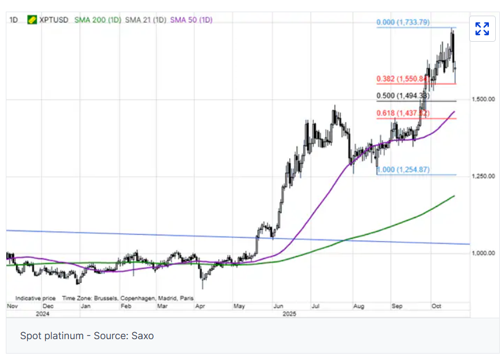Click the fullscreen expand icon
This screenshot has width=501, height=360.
[x=482, y=28]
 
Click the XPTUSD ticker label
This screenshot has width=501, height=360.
[x=54, y=20]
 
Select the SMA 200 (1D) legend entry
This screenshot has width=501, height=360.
[x=97, y=20]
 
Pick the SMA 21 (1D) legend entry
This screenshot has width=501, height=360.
[x=146, y=20]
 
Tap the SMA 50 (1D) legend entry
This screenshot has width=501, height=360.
[x=191, y=20]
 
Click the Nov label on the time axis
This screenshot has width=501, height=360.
[x=12, y=305]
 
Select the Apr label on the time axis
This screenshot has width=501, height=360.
[x=201, y=305]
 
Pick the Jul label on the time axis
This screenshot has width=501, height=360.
[x=316, y=305]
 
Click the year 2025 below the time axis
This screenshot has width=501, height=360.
[x=289, y=314]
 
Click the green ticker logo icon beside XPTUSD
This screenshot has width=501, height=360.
[x=32, y=20]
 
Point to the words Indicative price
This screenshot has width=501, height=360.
[x=35, y=297]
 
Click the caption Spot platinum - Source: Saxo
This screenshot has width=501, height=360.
[x=87, y=336]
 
